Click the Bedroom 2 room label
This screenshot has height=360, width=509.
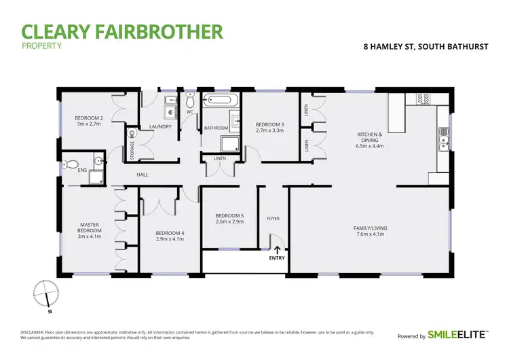(88, 121)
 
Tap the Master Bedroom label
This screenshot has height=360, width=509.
(90, 231)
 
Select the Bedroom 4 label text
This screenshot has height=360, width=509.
(170, 236)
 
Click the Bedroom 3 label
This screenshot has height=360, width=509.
(269, 127)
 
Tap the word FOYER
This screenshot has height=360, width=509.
(273, 219)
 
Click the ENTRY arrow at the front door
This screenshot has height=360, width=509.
(277, 250)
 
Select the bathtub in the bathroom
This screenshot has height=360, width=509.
(222, 100)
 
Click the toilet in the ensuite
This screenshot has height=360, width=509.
(68, 164)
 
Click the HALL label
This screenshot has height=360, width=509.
(143, 175)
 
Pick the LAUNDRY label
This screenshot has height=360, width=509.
(159, 126)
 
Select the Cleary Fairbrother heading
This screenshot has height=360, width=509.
(122, 31)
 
